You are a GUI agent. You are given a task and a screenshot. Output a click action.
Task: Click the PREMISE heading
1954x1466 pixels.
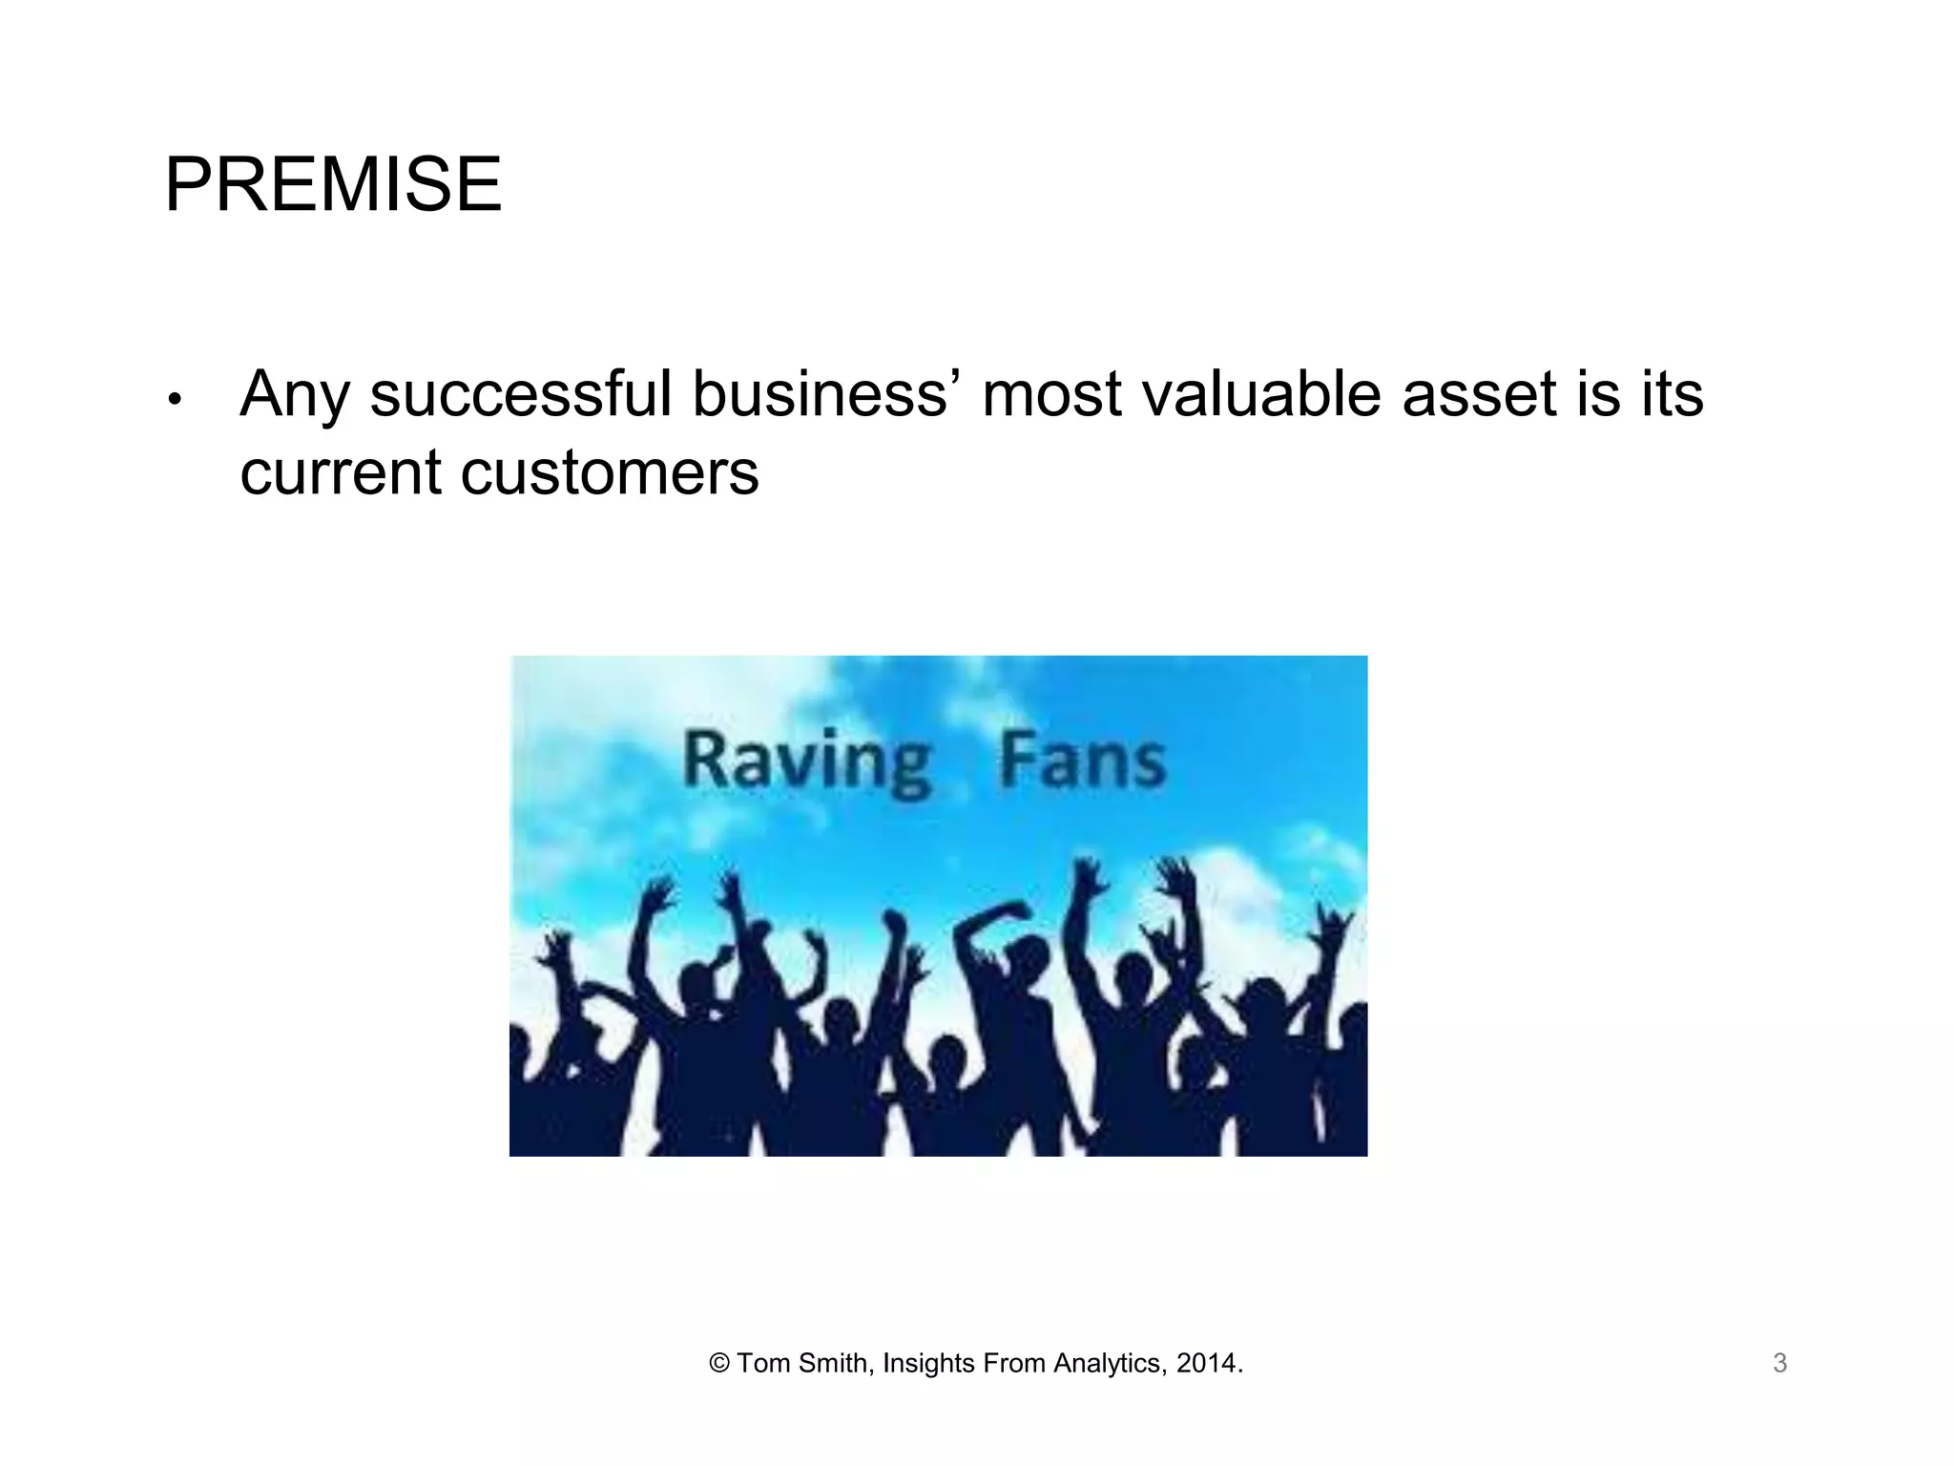coord(333,184)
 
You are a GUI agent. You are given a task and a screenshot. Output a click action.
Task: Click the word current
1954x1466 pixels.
coord(341,472)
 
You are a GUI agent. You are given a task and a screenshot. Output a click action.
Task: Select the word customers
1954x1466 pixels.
coord(610,472)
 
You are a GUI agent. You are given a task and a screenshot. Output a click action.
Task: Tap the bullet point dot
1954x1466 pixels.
coord(174,399)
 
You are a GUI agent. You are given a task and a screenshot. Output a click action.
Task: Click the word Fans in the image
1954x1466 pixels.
coord(1082,761)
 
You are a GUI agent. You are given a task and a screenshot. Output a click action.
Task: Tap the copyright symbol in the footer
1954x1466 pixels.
coord(718,1364)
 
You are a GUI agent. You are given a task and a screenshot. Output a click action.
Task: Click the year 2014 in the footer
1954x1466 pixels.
coord(1206,1364)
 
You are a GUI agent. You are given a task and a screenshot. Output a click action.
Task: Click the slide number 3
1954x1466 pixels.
coord(1779,1364)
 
